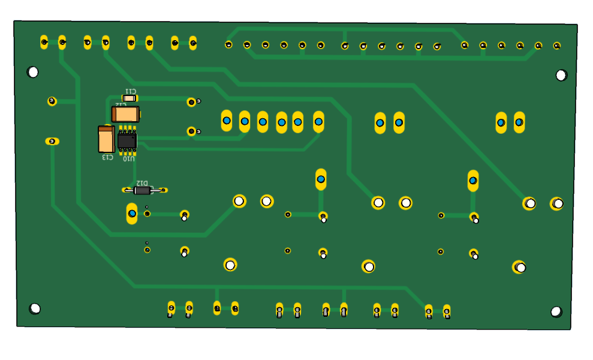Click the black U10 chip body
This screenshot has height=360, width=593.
click(127, 140)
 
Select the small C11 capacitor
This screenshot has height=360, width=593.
click(130, 98)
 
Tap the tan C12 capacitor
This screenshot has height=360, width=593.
click(125, 114)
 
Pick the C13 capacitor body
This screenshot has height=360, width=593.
click(106, 140)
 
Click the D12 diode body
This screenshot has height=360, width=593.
click(142, 190)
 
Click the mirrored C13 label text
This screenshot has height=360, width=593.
click(107, 157)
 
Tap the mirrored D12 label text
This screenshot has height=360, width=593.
click(142, 182)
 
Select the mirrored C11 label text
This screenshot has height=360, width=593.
click(130, 91)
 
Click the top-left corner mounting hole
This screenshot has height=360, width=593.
click(33, 72)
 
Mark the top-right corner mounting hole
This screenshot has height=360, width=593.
click(561, 75)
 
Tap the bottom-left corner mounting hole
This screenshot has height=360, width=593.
click(35, 308)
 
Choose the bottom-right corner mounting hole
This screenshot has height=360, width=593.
click(556, 312)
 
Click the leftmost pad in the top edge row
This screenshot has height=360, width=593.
click(44, 41)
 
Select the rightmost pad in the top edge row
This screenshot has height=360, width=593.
click(556, 46)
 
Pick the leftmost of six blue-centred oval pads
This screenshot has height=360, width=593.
click(226, 121)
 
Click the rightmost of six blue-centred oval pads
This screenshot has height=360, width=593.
click(318, 122)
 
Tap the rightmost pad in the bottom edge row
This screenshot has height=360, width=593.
click(447, 311)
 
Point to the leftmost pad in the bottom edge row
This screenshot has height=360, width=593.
click(171, 308)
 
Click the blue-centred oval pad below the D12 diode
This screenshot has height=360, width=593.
click(132, 213)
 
